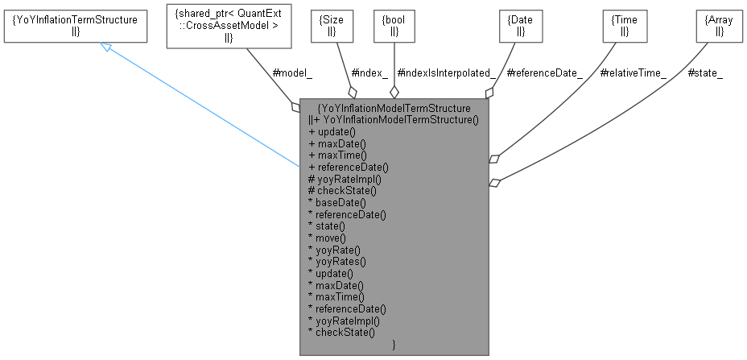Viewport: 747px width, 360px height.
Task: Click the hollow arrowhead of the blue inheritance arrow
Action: tap(105, 48)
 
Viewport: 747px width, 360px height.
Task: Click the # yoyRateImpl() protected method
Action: tap(345, 179)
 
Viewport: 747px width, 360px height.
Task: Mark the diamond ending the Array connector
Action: tap(495, 183)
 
